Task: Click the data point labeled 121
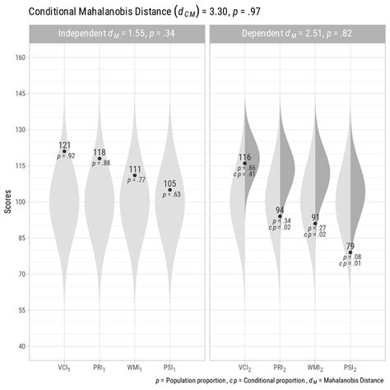click(x=64, y=151)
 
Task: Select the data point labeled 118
click(x=100, y=158)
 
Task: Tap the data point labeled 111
click(x=135, y=175)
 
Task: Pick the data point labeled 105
click(x=170, y=190)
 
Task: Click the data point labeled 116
click(x=244, y=163)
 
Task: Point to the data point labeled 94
click(x=280, y=216)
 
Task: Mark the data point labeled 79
click(x=351, y=253)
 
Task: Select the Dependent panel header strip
click(x=297, y=34)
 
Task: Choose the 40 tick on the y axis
click(x=21, y=346)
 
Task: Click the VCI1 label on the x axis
click(x=64, y=367)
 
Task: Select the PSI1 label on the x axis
click(x=170, y=367)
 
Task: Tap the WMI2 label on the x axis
click(x=315, y=367)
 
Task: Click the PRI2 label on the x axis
click(x=280, y=367)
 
